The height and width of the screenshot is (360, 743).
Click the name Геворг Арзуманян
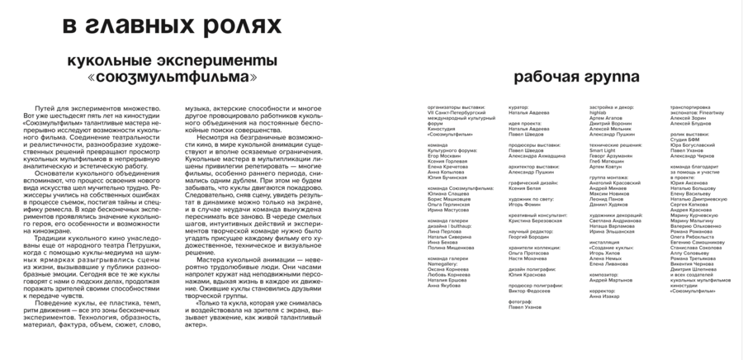615,154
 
